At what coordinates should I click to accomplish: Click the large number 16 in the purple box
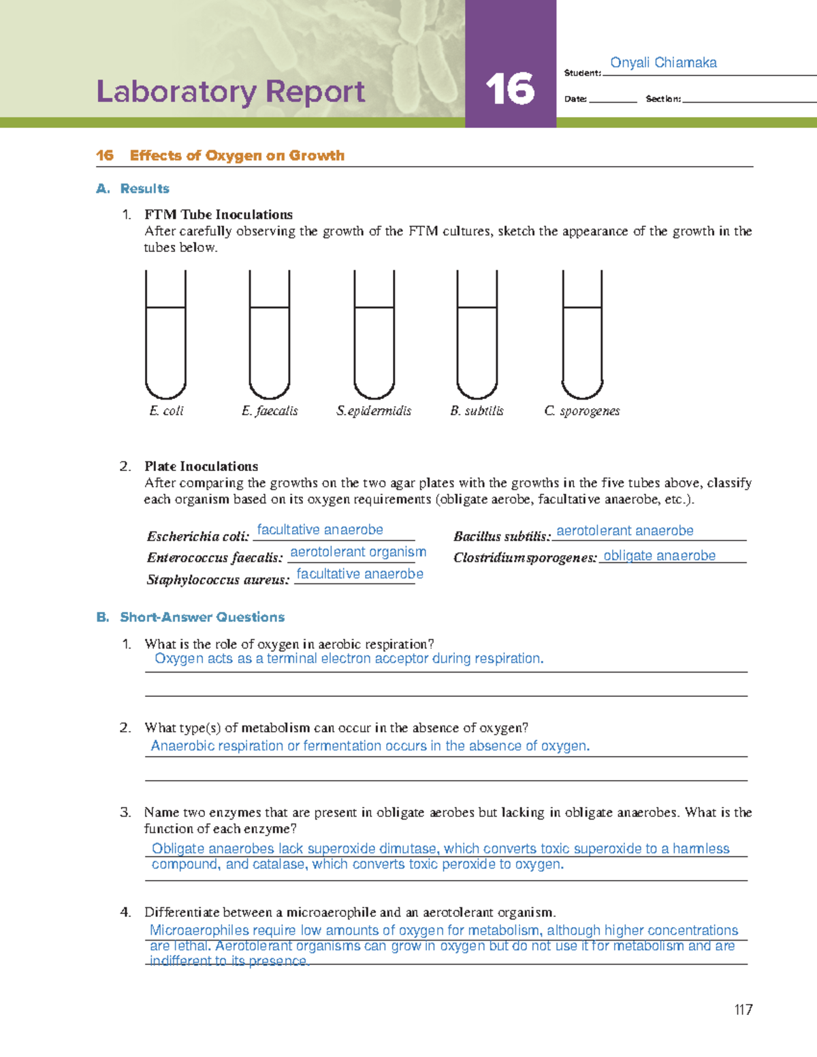coord(510,90)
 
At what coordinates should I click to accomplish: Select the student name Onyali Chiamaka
coord(663,63)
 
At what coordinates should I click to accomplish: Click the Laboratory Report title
coord(231,92)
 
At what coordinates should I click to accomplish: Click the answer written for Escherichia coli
coord(320,530)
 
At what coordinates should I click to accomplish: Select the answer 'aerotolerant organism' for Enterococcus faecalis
coord(358,552)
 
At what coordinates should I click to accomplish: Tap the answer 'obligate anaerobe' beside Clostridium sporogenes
coord(659,555)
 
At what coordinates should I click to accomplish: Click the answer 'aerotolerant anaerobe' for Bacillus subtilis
coord(625,531)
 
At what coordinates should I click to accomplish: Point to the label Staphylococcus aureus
coord(218,580)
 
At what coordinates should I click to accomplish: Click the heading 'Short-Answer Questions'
coord(202,617)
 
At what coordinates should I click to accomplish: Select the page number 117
coord(743,1010)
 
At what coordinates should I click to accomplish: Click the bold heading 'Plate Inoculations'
coord(201,466)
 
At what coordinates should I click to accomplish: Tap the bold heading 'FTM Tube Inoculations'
coord(219,214)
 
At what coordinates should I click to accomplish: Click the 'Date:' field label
coord(575,99)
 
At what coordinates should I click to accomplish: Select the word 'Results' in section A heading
coord(144,189)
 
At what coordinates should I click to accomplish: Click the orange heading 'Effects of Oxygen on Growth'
coord(237,156)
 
